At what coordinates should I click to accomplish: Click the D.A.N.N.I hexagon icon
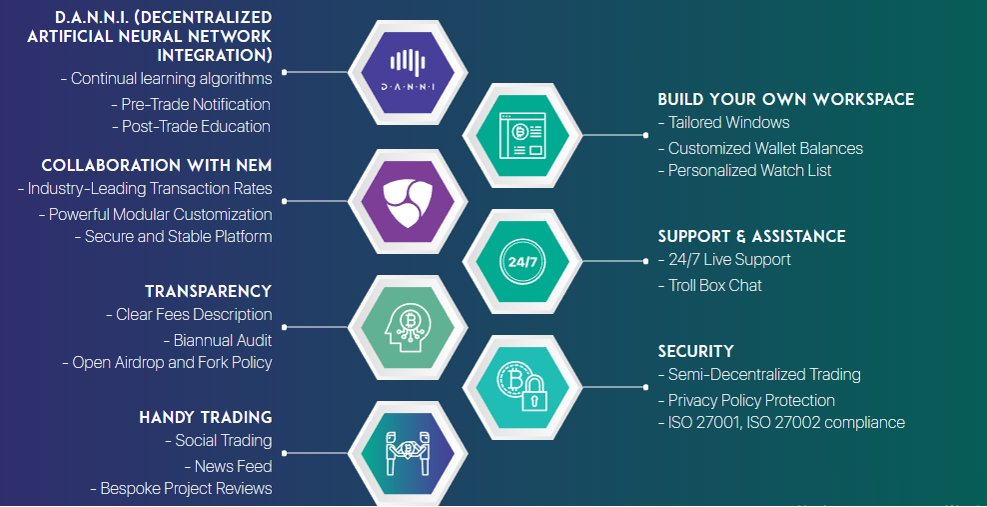click(x=408, y=72)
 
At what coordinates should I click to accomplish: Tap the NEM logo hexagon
click(x=408, y=202)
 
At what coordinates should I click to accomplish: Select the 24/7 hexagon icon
click(x=522, y=261)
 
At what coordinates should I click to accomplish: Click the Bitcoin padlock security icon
click(x=522, y=387)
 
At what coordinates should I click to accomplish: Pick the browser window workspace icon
click(x=522, y=135)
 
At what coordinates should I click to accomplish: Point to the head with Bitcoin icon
click(x=408, y=328)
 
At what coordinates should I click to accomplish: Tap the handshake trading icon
click(x=408, y=453)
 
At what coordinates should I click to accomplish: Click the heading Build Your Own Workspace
click(x=785, y=100)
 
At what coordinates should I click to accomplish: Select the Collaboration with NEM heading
click(x=157, y=166)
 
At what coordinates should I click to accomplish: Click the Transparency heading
click(x=209, y=292)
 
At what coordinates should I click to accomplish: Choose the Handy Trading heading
click(x=205, y=418)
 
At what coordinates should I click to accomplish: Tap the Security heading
click(x=695, y=351)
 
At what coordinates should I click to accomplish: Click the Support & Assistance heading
click(x=751, y=237)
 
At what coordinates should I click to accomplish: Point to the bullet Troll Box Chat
click(x=710, y=285)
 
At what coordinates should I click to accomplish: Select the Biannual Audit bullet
click(x=218, y=341)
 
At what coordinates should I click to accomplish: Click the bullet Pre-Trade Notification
click(x=191, y=105)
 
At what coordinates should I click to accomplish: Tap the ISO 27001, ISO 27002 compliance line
click(x=782, y=423)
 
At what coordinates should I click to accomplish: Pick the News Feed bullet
click(x=229, y=467)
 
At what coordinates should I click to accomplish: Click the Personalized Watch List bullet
click(x=745, y=171)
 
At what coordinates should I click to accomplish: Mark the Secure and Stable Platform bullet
click(x=173, y=237)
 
